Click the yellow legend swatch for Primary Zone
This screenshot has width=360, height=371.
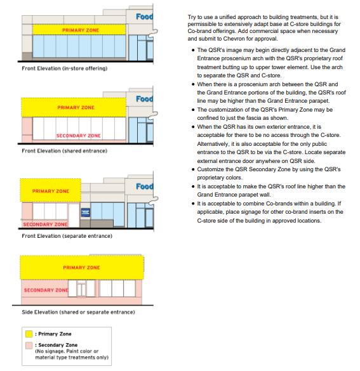[29, 334]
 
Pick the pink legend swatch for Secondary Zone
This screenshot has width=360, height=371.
[29, 345]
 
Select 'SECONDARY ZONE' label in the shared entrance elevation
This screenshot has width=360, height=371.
[79, 136]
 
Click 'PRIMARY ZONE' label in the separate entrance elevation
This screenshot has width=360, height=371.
[50, 191]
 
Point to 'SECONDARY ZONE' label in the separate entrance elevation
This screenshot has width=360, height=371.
[45, 225]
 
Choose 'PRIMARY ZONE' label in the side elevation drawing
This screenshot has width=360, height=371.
[81, 268]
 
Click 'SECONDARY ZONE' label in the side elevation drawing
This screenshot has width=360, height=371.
[46, 290]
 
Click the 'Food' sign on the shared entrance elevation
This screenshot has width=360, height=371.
[145, 100]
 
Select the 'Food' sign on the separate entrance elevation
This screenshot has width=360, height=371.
[145, 186]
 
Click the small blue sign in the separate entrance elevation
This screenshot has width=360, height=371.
[86, 212]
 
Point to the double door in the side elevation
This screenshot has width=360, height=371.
[81, 290]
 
